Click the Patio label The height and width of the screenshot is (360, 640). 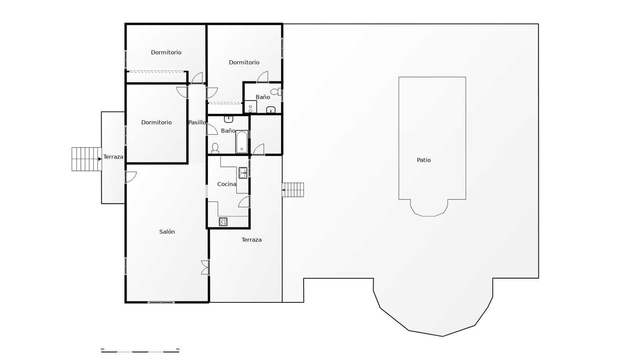(424, 160)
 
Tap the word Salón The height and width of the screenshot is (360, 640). (167, 232)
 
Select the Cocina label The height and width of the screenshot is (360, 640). (226, 184)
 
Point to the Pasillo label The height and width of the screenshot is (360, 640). (197, 122)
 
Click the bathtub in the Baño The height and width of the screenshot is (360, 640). (242, 142)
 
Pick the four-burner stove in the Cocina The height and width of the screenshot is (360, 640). (223, 222)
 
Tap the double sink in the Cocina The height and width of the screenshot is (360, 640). (243, 173)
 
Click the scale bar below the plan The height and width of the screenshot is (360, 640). (140, 351)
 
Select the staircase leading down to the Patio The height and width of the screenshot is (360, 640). (293, 190)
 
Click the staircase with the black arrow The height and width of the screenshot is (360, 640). (86, 159)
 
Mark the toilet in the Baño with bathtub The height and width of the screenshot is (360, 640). (215, 148)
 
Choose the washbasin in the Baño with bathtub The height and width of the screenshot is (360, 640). (228, 119)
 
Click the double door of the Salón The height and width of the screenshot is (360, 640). (205, 267)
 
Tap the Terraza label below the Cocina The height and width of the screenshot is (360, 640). (252, 240)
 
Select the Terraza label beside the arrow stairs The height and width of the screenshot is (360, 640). (113, 157)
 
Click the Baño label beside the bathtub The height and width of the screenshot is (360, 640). (228, 131)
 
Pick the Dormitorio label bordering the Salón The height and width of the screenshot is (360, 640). (156, 122)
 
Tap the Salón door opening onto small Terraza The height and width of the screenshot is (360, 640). (131, 177)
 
